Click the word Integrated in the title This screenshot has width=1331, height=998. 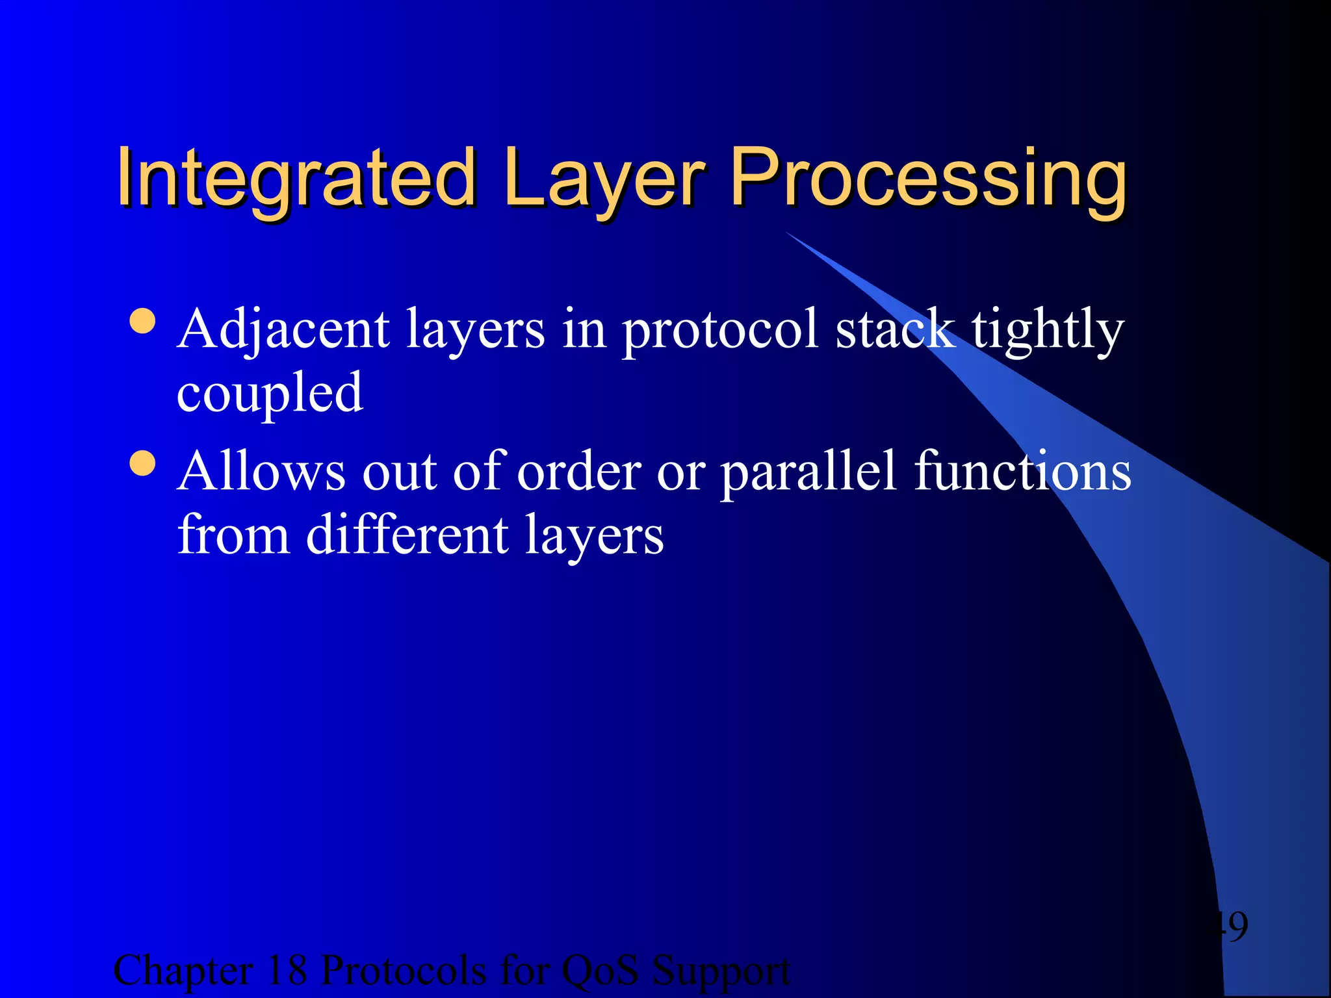(x=296, y=177)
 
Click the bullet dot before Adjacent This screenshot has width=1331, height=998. (x=142, y=321)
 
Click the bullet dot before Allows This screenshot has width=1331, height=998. (x=142, y=463)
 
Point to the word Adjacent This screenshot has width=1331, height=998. (x=283, y=330)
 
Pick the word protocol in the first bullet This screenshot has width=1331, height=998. (x=720, y=330)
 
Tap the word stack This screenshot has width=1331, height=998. (x=895, y=330)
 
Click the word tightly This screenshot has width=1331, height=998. (x=1047, y=330)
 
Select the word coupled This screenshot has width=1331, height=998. (x=270, y=394)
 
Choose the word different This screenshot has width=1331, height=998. (x=407, y=535)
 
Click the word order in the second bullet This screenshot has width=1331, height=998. (x=579, y=472)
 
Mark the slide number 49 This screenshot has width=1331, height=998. (x=1226, y=926)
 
